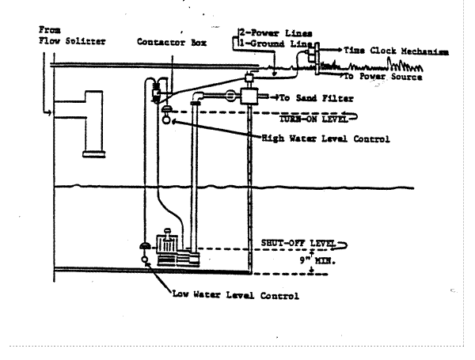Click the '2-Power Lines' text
coord(268,33)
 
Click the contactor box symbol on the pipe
coord(157,94)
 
